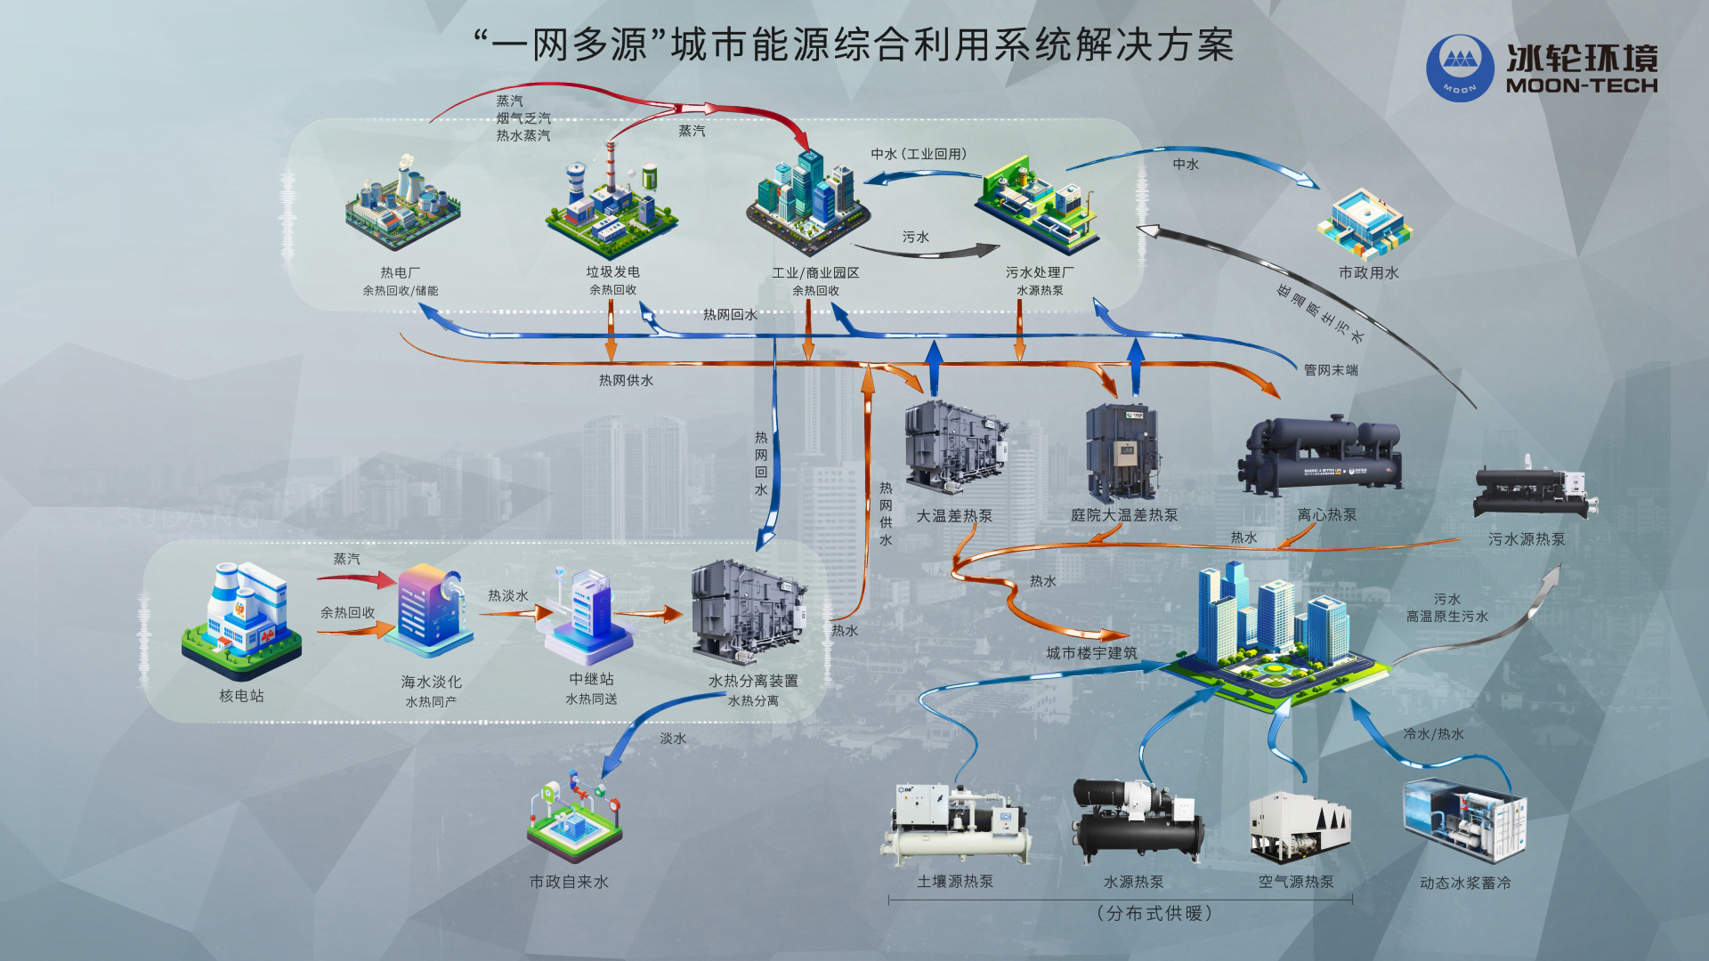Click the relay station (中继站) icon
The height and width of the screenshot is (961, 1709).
pos(588,616)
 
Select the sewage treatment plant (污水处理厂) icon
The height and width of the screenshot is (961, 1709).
pos(1037,206)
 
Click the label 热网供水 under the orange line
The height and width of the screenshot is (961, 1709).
pos(626,381)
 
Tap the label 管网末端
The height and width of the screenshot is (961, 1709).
pos(1331,370)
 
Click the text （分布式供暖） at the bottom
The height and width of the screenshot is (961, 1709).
pos(1154,914)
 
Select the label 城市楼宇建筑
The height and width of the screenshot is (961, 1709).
pos(1091,653)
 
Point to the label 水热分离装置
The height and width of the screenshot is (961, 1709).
pos(753,682)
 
